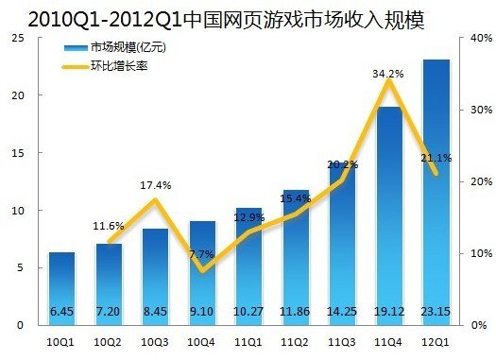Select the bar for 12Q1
coord(436,189)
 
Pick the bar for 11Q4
coord(388,213)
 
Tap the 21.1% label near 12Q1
coord(436,158)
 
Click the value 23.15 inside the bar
coord(436,309)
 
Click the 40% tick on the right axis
coord(478,38)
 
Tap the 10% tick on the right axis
coord(478,253)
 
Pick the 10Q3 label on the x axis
coord(155,343)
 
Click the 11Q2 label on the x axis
coord(295,343)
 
